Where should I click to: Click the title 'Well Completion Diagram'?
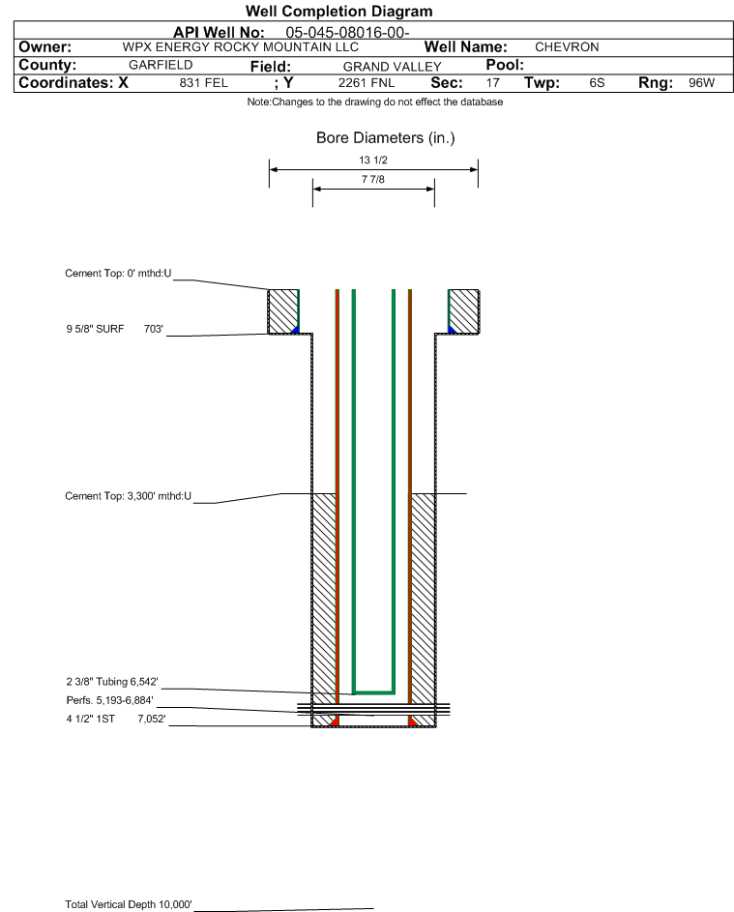(x=339, y=11)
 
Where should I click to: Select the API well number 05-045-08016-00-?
(x=347, y=33)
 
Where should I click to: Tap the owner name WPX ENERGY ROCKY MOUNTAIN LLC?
(x=240, y=47)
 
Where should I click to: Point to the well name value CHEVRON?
(x=567, y=47)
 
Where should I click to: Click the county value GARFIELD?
(x=161, y=65)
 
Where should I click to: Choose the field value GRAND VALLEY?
(x=392, y=67)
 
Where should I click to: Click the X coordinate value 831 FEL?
(x=203, y=83)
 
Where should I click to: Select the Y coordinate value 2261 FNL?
(x=367, y=83)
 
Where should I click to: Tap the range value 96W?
(x=701, y=83)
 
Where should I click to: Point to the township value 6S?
(x=597, y=83)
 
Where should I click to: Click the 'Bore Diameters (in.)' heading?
(x=386, y=138)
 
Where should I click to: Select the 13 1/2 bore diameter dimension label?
(x=373, y=160)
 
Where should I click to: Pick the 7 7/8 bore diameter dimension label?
(x=373, y=179)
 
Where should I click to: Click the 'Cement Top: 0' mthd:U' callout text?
(x=118, y=274)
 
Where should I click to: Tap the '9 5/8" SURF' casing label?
(x=95, y=329)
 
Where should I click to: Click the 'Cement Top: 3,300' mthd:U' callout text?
(x=128, y=496)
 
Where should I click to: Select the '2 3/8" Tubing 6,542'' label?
(x=111, y=682)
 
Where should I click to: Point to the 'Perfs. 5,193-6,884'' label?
(x=109, y=700)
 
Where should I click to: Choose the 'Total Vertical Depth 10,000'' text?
(x=128, y=904)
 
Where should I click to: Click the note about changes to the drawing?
(x=374, y=103)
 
